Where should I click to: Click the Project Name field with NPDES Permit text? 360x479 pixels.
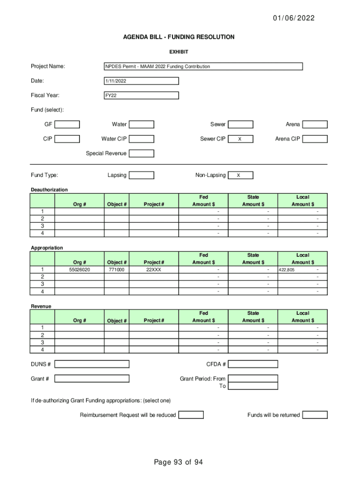[x=203, y=66]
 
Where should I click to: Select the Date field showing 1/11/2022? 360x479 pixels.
[x=141, y=81]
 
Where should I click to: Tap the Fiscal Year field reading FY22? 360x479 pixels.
[x=141, y=95]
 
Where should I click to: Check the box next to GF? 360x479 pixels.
[x=67, y=124]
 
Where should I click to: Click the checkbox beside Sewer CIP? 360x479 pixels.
[x=240, y=139]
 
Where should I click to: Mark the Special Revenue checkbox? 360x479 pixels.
[x=141, y=153]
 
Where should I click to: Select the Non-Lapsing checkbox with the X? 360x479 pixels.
[x=240, y=175]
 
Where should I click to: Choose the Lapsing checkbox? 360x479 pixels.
[x=141, y=175]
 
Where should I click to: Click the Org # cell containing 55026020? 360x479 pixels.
[x=79, y=270]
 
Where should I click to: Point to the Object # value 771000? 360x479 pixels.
[x=116, y=270]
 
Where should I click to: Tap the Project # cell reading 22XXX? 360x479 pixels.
[x=154, y=270]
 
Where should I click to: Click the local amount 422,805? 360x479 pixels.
[x=287, y=270]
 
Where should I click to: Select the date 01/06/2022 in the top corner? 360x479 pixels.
[x=294, y=18]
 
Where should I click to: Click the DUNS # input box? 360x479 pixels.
[x=92, y=364]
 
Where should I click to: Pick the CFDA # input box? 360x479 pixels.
[x=253, y=364]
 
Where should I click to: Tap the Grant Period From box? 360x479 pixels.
[x=253, y=378]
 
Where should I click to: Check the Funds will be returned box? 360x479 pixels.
[x=315, y=415]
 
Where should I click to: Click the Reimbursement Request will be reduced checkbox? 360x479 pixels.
[x=191, y=415]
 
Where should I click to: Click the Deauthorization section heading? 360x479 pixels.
[x=49, y=189]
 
